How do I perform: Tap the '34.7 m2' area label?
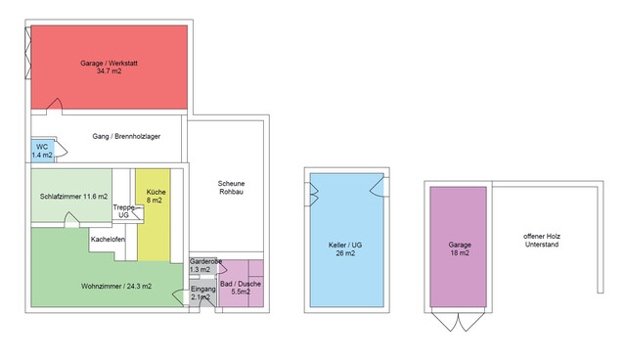(110, 71)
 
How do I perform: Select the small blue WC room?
(43, 150)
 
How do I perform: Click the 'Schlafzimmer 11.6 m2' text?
(73, 197)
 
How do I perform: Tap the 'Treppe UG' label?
(123, 211)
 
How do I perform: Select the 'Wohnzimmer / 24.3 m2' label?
(110, 286)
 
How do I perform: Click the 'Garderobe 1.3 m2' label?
(205, 265)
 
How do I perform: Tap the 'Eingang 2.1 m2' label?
(203, 293)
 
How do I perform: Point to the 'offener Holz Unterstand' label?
(542, 242)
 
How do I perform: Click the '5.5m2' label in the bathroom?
(241, 292)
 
